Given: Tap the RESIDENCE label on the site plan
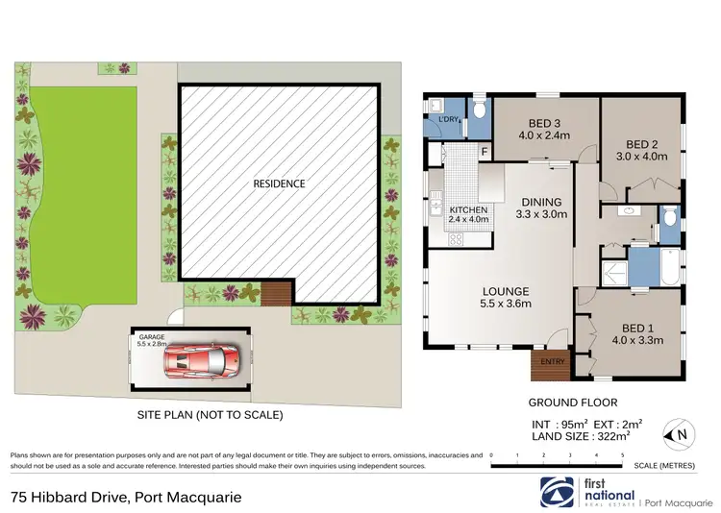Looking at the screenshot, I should click(279, 183).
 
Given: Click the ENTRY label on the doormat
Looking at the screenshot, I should click(553, 362).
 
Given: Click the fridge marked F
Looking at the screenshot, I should click(485, 152).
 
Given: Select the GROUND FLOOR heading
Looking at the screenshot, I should click(572, 403).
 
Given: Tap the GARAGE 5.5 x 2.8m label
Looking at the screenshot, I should click(152, 339).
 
